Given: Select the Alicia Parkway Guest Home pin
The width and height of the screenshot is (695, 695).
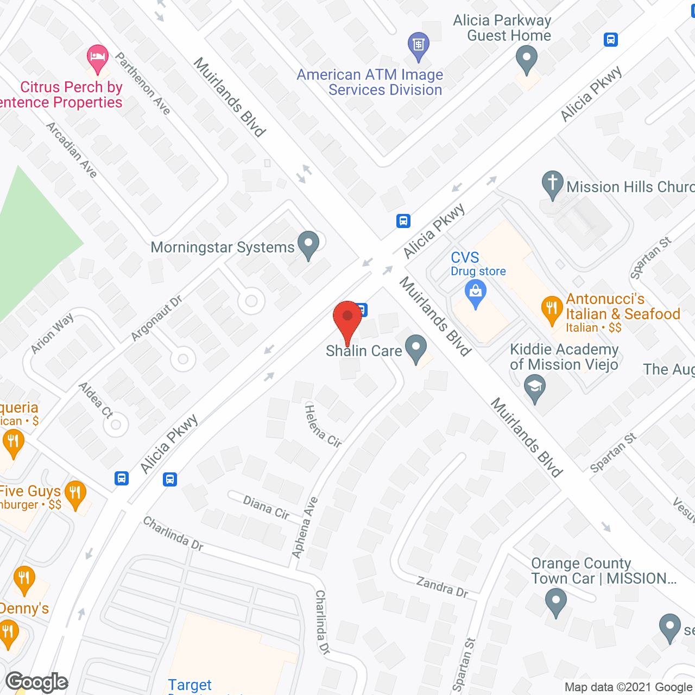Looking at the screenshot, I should [526, 59].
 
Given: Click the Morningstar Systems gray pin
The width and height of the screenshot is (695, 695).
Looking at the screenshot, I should [308, 244].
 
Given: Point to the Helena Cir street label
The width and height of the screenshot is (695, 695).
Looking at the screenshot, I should [323, 427].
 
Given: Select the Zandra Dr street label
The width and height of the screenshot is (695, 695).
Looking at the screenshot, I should [442, 587].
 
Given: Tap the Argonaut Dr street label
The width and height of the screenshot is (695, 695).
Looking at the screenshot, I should [156, 319].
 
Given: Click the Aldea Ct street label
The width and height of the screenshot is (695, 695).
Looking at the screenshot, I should [96, 400].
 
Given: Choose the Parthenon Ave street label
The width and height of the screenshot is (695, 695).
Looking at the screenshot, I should [143, 84].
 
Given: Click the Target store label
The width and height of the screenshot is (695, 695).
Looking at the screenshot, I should [189, 685].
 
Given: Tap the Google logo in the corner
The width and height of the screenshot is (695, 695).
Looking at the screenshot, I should [37, 682].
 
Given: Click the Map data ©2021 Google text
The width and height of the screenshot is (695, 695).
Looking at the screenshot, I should [628, 687].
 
